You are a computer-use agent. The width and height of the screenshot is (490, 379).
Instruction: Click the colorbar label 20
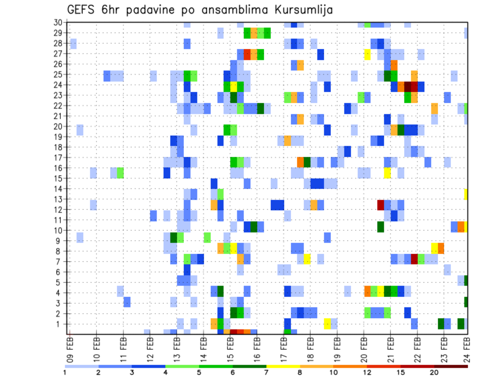coord(434,372)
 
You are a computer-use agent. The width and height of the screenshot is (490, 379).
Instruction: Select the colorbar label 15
coord(401,372)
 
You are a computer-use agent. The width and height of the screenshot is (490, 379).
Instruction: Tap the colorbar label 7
coord(266,372)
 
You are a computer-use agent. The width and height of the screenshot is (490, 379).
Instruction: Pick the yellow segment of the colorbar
coord(283,366)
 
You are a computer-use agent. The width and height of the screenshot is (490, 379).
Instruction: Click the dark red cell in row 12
coord(380,205)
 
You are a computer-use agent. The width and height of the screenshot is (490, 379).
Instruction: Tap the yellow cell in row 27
coord(367,54)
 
